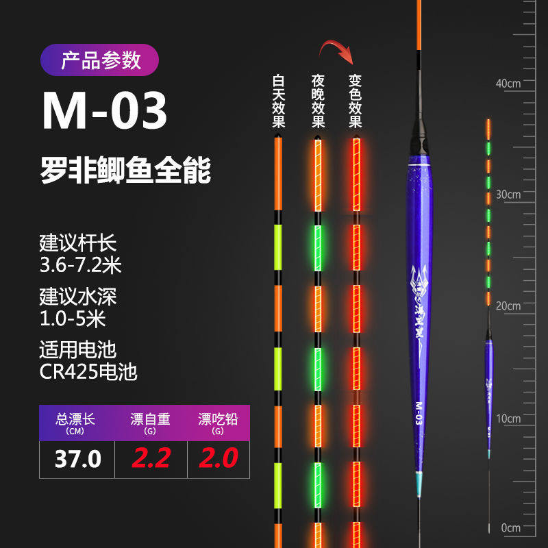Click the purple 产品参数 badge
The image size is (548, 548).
point(100,60)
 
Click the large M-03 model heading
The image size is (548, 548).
point(105,112)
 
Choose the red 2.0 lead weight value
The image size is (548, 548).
point(218,458)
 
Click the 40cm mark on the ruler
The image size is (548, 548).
point(508,83)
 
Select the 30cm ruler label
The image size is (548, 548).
point(508,195)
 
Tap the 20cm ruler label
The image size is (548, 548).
point(508,306)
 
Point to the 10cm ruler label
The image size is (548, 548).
point(508,418)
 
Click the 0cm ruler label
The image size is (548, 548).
point(510,528)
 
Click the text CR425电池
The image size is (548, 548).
point(88,373)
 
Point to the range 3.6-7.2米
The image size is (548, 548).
point(80,264)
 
